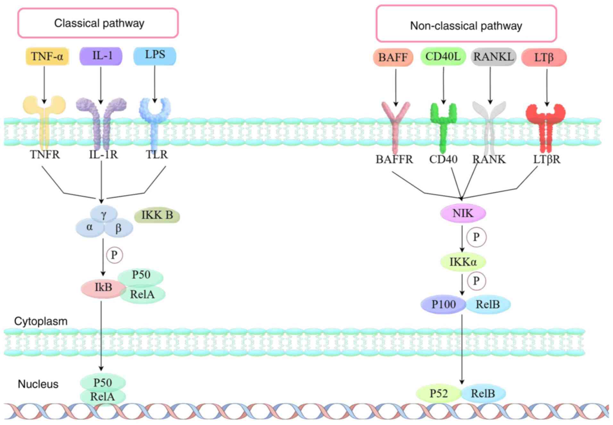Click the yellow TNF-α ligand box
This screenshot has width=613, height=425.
[47, 56]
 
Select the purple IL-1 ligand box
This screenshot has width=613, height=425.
[101, 56]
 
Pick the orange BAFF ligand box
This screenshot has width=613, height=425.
[393, 57]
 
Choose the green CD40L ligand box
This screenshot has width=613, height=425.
[443, 56]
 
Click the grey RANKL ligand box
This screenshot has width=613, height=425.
[493, 57]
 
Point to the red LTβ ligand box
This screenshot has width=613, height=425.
[544, 57]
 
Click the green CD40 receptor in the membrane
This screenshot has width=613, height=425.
[443, 127]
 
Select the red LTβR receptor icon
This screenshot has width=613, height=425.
[546, 128]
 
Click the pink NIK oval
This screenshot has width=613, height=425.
[463, 213]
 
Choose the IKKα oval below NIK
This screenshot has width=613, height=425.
[463, 262]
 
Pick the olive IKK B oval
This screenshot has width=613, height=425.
[157, 215]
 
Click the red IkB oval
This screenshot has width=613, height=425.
[103, 288]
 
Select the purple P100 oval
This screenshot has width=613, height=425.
[443, 304]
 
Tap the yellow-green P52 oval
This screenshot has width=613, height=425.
[439, 394]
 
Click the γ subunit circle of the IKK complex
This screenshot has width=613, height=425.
[104, 214]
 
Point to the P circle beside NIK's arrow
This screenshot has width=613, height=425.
[476, 237]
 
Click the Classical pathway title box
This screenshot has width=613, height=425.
[98, 23]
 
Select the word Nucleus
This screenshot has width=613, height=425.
[38, 384]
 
